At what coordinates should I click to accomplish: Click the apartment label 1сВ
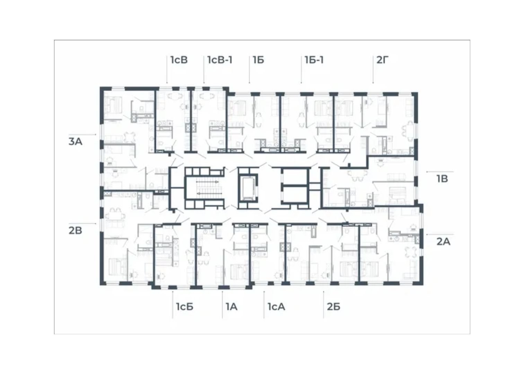pyautogui.click(x=179, y=60)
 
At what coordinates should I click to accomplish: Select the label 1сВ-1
pyautogui.click(x=220, y=60)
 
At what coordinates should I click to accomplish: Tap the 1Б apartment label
pyautogui.click(x=258, y=60)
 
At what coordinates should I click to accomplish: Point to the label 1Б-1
pyautogui.click(x=314, y=60)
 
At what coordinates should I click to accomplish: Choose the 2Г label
pyautogui.click(x=382, y=60)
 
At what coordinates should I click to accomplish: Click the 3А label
pyautogui.click(x=76, y=142)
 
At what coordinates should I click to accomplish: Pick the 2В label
pyautogui.click(x=75, y=230)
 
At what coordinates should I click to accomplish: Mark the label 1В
pyautogui.click(x=442, y=179)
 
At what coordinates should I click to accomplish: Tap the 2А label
pyautogui.click(x=443, y=242)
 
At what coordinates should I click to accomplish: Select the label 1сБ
pyautogui.click(x=184, y=307)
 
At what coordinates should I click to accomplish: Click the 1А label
pyautogui.click(x=231, y=307)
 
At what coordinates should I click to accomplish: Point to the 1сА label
pyautogui.click(x=276, y=307)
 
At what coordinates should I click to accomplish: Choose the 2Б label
pyautogui.click(x=333, y=307)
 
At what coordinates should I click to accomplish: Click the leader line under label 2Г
pyautogui.click(x=373, y=70)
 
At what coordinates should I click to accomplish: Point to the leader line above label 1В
pyautogui.click(x=440, y=172)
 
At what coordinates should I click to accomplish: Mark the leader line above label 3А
pyautogui.click(x=82, y=135)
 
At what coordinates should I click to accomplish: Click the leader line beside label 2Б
pyautogui.click(x=323, y=304)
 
